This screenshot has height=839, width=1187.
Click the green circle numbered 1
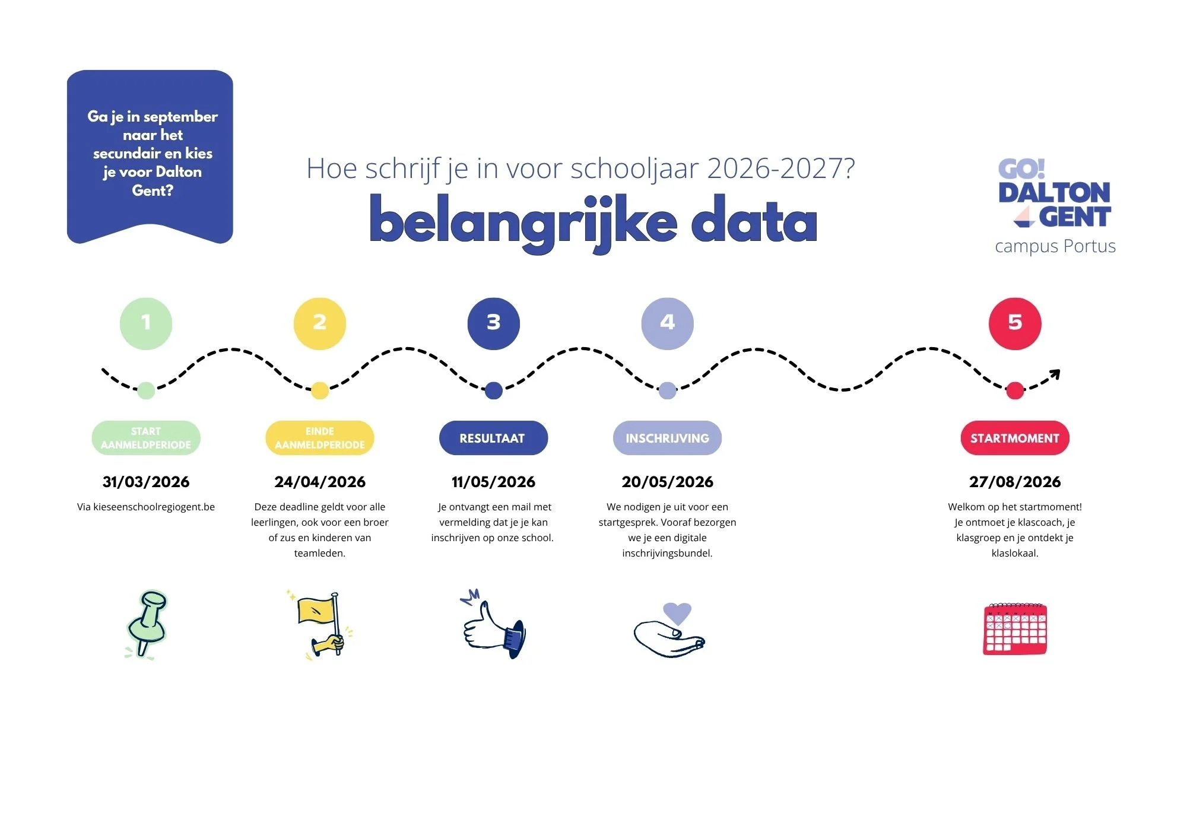[146, 323]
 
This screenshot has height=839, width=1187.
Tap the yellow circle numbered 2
[320, 323]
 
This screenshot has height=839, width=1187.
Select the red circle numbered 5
[1015, 323]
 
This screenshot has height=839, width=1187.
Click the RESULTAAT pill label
[493, 438]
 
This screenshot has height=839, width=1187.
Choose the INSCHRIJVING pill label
[667, 438]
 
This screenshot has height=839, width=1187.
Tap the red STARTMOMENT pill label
[1015, 438]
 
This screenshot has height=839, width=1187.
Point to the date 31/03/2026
[146, 482]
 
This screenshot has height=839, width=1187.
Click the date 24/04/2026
[320, 482]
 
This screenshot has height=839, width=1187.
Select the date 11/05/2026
[493, 482]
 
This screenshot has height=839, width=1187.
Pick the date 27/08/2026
[1015, 482]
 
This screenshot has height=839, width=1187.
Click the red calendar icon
[1015, 629]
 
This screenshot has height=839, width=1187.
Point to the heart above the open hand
[677, 612]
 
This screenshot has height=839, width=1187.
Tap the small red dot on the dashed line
[1015, 390]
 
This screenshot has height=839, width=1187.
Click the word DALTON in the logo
[1054, 193]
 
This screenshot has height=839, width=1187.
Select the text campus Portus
[1055, 246]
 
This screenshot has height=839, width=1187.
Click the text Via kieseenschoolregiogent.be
[146, 507]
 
